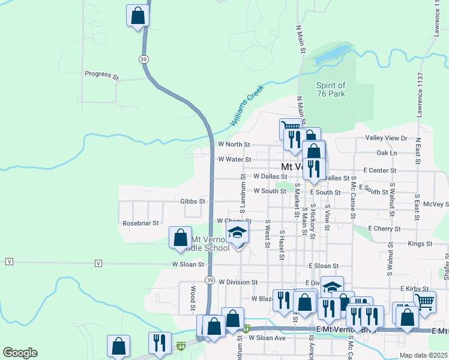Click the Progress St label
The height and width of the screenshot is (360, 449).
point(102,74)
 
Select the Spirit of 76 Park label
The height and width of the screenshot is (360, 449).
point(331,89)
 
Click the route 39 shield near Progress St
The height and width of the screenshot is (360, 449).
point(143,59)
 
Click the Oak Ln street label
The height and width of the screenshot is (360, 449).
point(385,153)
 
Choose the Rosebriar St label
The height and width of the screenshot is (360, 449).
point(140,223)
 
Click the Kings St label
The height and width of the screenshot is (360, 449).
point(420,244)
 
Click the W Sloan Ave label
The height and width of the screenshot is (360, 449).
point(268,338)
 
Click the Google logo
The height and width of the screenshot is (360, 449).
point(20,353)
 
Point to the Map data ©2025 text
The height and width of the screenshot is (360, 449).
point(423,355)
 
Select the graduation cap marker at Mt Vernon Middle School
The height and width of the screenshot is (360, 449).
point(238,233)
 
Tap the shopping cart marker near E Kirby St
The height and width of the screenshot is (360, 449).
point(424,302)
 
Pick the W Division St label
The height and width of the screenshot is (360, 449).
point(238,281)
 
